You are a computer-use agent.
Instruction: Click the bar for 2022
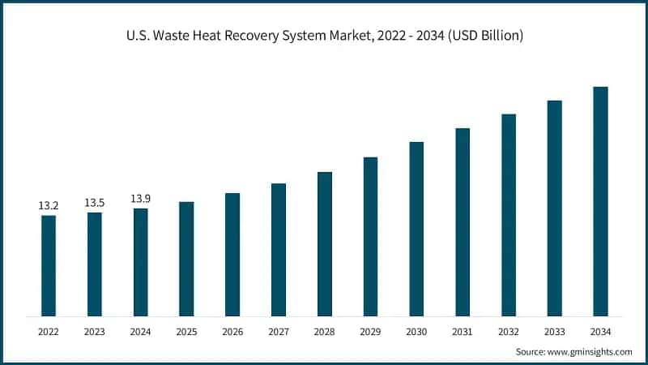pyautogui.click(x=49, y=265)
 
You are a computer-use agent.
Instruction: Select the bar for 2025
pyautogui.click(x=186, y=259)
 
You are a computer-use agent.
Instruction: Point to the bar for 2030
pyautogui.click(x=416, y=229)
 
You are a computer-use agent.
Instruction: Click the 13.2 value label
pyautogui.click(x=49, y=206)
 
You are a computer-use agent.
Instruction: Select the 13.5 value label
pyautogui.click(x=95, y=203)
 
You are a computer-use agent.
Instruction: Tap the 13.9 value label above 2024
pyautogui.click(x=141, y=199)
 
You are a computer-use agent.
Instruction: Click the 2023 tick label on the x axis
pyautogui.click(x=95, y=332)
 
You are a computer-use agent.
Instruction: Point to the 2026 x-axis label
pyautogui.click(x=232, y=332)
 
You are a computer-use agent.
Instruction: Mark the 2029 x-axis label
pyautogui.click(x=370, y=332)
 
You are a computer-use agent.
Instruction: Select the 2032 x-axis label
pyautogui.click(x=509, y=332)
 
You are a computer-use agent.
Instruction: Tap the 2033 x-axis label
pyautogui.click(x=554, y=332)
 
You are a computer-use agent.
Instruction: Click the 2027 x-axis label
pyautogui.click(x=279, y=332)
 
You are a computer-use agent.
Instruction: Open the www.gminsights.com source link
pyautogui.click(x=590, y=351)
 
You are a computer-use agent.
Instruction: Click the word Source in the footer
pyautogui.click(x=531, y=351)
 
